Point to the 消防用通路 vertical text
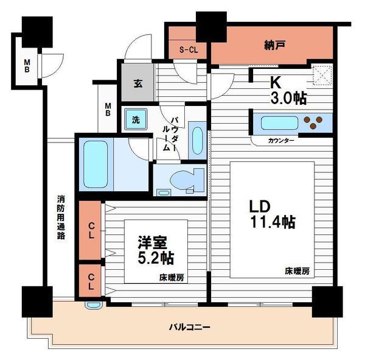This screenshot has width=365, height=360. click(61, 216)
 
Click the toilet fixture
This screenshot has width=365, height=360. click(181, 181)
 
